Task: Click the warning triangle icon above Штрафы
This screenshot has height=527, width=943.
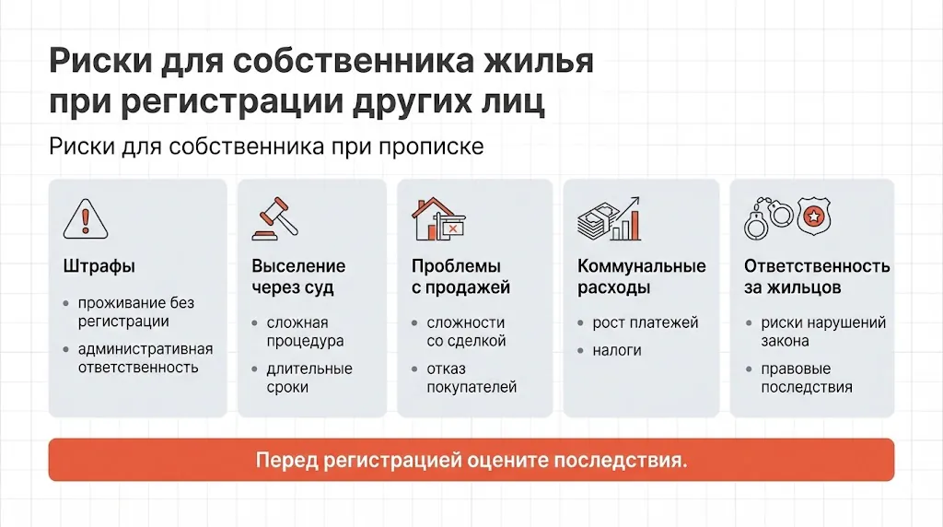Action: pos(86,219)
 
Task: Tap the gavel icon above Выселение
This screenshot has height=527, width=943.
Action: pos(271,219)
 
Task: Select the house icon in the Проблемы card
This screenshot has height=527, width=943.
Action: pos(437,219)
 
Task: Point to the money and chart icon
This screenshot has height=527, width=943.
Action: pos(608,218)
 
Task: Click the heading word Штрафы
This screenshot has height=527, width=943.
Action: pos(99,266)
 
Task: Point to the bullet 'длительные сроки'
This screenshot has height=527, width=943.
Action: pos(309,378)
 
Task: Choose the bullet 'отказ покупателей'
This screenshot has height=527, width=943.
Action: pos(471,378)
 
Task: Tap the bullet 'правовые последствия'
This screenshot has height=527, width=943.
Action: pos(807,378)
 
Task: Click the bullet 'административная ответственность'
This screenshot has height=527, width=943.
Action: pos(145,357)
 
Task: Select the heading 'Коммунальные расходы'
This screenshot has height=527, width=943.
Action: pos(641,276)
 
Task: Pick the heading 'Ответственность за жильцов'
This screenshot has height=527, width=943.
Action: pos(816,276)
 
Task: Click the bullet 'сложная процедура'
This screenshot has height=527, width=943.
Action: pos(305,332)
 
